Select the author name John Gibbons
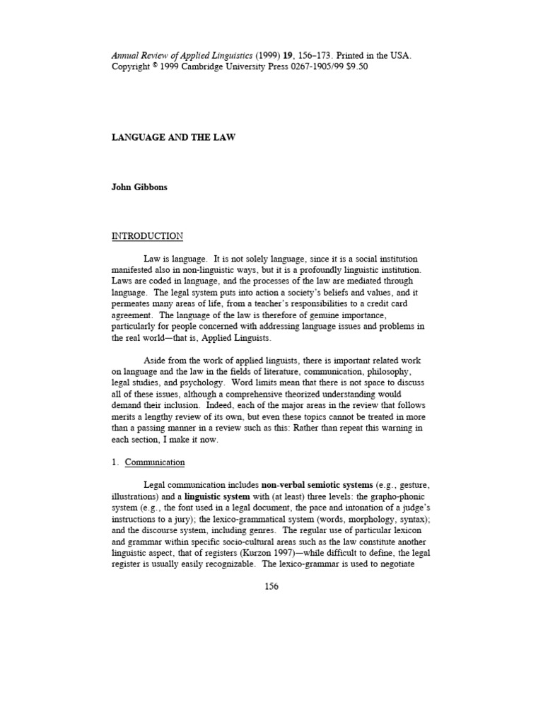tap(140, 187)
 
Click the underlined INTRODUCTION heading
tap(147, 236)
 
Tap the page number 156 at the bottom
tap(271, 586)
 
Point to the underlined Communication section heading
tap(155, 462)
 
